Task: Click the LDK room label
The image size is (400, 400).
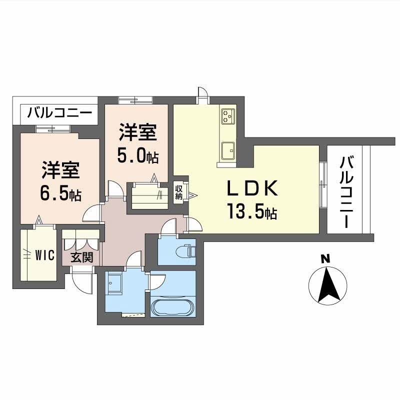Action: click(252, 188)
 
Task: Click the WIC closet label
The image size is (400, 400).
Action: click(44, 255)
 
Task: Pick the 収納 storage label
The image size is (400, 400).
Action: click(179, 192)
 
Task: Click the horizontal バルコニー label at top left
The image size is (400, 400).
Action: click(59, 112)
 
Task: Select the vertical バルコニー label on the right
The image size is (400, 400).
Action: click(346, 192)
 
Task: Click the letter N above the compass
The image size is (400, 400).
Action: click(325, 258)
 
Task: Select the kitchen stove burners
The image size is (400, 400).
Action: click(228, 116)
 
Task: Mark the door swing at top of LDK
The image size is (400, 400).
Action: click(202, 94)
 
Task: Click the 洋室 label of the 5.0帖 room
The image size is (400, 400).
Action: click(138, 133)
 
